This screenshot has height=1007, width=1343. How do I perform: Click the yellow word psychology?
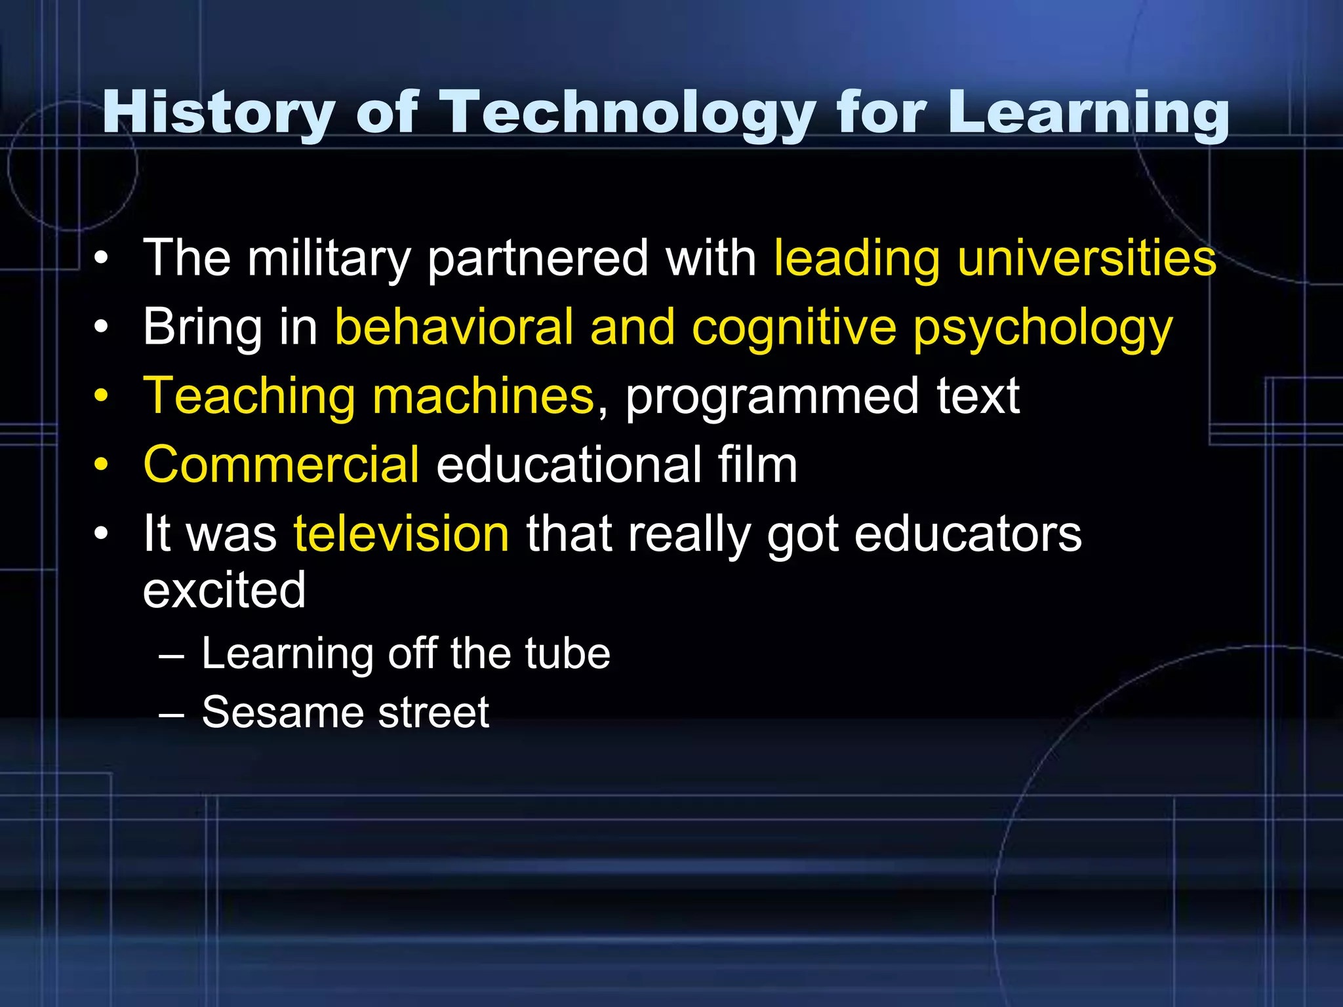coord(1043,328)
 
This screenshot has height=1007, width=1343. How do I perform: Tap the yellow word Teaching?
coord(249,396)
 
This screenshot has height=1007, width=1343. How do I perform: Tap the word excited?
coord(224,589)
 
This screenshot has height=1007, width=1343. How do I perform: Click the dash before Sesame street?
coord(171,713)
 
